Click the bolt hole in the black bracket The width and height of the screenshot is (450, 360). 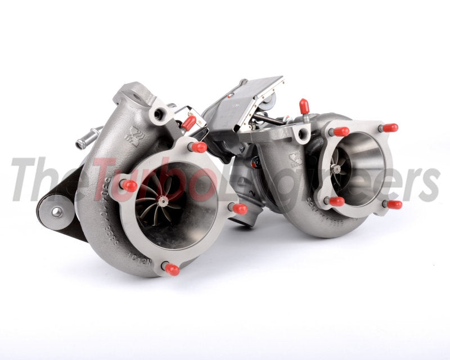pyautogui.click(x=57, y=211)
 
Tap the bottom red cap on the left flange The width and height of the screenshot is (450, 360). pyautogui.click(x=172, y=269)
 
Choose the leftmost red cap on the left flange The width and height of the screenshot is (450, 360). pyautogui.click(x=129, y=186)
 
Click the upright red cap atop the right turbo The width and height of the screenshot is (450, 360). pyautogui.click(x=304, y=106)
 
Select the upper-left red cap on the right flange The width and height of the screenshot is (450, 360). pyautogui.click(x=340, y=132)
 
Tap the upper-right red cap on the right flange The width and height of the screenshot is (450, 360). pyautogui.click(x=389, y=128)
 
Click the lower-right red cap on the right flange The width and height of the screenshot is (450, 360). pyautogui.click(x=394, y=204)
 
